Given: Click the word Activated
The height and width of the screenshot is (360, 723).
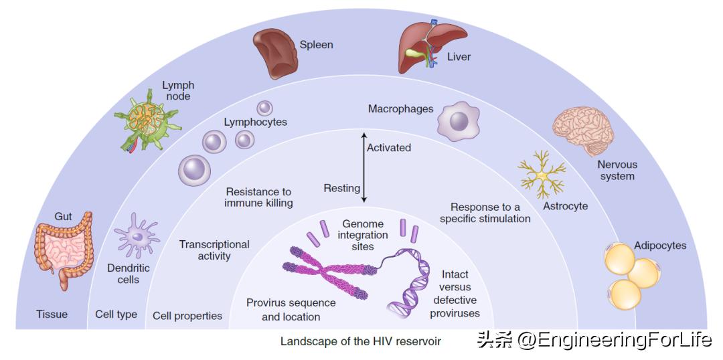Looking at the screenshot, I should pyautogui.click(x=389, y=147).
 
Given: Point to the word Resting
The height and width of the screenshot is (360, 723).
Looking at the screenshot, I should pyautogui.click(x=341, y=188).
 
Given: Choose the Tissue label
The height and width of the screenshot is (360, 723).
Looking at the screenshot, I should pyautogui.click(x=52, y=314).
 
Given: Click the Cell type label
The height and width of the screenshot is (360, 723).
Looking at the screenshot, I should pyautogui.click(x=116, y=314).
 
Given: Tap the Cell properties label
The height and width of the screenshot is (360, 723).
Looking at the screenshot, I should pyautogui.click(x=187, y=316).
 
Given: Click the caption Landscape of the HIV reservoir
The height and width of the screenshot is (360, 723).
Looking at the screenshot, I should pyautogui.click(x=361, y=341).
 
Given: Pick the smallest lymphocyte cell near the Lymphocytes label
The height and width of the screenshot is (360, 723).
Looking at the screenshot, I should pyautogui.click(x=264, y=107).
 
